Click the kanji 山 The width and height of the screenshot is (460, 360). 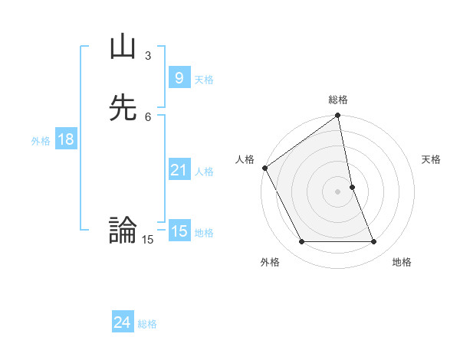[x=123, y=47]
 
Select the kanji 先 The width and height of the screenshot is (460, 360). [x=123, y=108]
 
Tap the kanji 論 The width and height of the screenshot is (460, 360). [x=123, y=230]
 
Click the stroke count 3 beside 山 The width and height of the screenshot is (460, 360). [x=148, y=56]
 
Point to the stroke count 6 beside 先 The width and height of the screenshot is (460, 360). [x=148, y=116]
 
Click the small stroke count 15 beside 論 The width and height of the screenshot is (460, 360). [x=147, y=240]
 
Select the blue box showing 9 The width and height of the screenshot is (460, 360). [x=179, y=77]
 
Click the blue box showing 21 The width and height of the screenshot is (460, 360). [x=179, y=170]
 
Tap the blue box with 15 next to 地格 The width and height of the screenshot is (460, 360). [x=179, y=231]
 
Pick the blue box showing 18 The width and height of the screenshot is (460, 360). [x=65, y=139]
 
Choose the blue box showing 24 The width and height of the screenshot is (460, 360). [x=122, y=322]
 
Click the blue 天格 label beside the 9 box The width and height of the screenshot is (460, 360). [x=204, y=80]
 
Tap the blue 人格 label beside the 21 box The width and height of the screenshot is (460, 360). [x=204, y=172]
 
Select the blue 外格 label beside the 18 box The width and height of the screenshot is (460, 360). [x=41, y=141]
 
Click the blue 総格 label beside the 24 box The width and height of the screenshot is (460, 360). [x=147, y=324]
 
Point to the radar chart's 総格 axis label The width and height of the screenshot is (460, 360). [x=338, y=100]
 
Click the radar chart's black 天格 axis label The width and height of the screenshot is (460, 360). [x=431, y=159]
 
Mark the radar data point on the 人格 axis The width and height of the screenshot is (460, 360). [x=265, y=168]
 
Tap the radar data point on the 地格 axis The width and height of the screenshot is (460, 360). [x=374, y=242]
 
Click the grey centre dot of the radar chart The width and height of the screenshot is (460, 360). [x=338, y=191]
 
